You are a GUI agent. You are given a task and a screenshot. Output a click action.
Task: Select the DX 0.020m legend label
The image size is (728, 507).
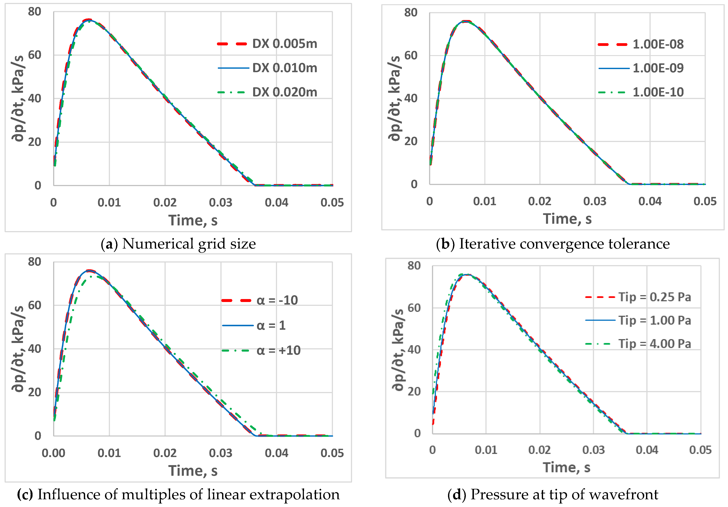point(284,92)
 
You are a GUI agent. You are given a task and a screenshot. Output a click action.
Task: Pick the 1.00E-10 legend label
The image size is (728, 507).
point(658,92)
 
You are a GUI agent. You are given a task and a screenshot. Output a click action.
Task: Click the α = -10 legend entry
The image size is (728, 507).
point(277,300)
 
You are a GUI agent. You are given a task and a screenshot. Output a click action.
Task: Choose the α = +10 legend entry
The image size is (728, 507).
point(278,350)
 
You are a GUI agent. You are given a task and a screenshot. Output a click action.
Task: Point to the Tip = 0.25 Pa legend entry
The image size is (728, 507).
point(654,297)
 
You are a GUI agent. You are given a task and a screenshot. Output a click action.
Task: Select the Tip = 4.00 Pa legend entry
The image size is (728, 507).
point(654,344)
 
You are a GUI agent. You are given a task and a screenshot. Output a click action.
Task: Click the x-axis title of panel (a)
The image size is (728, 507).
point(193,220)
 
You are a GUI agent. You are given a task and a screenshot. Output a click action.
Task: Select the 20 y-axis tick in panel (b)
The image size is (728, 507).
point(411,141)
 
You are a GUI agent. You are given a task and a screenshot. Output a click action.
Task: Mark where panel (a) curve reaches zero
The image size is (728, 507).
point(255,185)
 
